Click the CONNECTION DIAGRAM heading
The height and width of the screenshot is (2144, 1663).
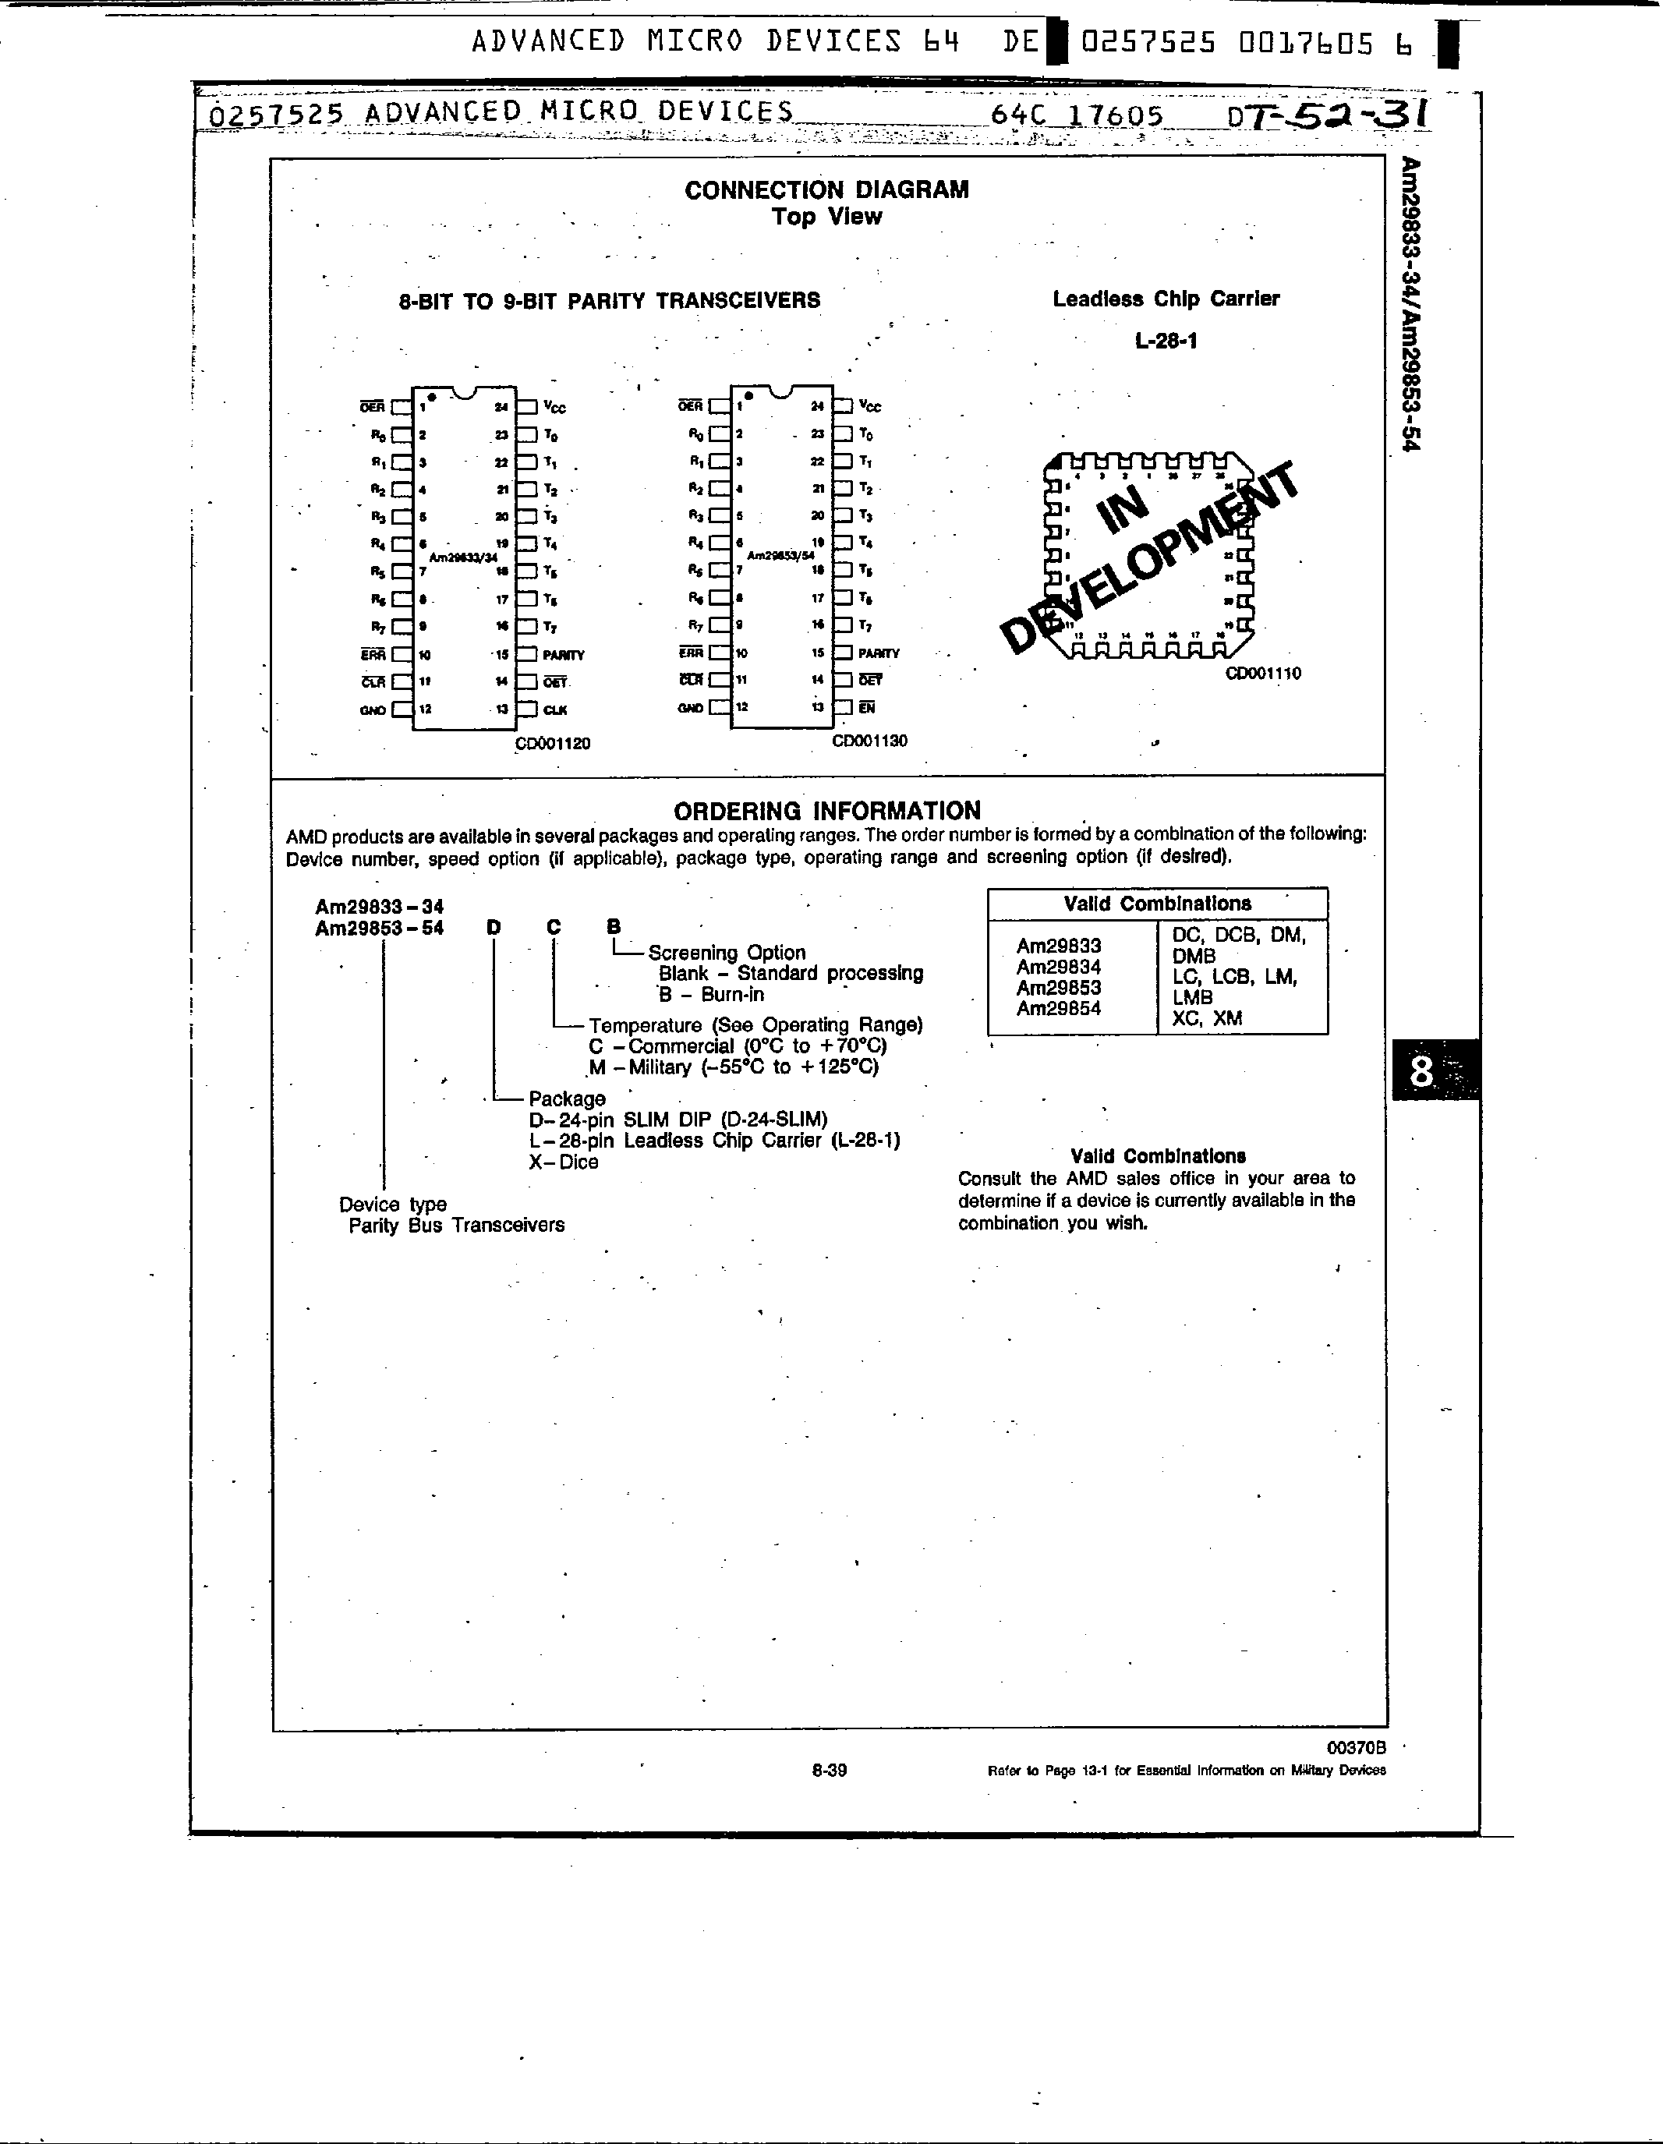(x=826, y=189)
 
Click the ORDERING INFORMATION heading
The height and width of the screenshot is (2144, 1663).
(x=826, y=811)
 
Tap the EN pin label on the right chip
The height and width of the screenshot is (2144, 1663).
(x=867, y=707)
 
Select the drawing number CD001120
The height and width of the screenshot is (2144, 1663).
(x=554, y=743)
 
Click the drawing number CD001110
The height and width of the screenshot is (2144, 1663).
(x=1264, y=674)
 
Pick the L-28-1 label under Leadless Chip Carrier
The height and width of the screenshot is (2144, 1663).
(x=1166, y=341)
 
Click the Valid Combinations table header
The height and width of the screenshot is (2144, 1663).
(x=1158, y=903)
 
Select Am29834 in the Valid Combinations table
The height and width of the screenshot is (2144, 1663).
(x=1058, y=967)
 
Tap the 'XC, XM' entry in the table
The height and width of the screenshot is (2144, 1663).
(x=1206, y=1018)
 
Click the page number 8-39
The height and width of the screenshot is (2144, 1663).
(x=830, y=1770)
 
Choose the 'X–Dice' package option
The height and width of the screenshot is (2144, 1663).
(x=564, y=1162)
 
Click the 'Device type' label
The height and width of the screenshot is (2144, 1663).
(x=393, y=1204)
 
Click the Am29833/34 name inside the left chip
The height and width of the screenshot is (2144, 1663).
(x=463, y=557)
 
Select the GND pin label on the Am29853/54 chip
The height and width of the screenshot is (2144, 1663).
(x=690, y=708)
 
